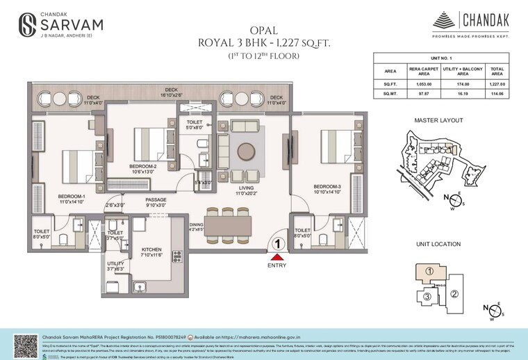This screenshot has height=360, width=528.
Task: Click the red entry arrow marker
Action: (277, 257)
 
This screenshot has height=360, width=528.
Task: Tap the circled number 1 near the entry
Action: (277, 244)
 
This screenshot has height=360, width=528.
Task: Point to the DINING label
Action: (197, 224)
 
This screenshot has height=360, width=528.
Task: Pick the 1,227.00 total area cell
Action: (497, 83)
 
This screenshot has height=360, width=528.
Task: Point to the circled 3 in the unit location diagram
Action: (427, 297)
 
